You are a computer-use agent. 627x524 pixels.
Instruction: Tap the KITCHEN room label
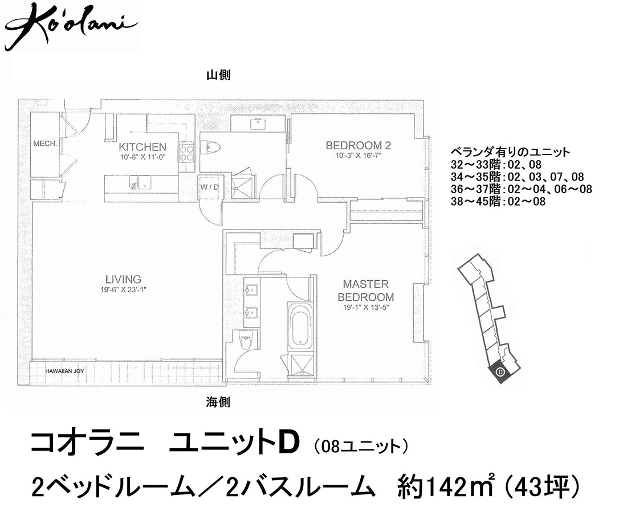point(142,147)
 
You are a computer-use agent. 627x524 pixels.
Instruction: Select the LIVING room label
point(123,279)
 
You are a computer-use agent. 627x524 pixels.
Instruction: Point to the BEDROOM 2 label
point(359,145)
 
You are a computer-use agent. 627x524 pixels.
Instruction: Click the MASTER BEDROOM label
point(366,290)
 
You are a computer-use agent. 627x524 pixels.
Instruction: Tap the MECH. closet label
point(45,144)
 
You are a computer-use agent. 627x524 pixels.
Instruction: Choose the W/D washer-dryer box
point(210,186)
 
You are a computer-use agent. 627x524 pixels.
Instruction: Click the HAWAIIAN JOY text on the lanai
point(64,371)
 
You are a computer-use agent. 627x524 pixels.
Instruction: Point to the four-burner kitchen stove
point(186,153)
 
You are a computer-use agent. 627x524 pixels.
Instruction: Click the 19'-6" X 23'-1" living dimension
point(124,290)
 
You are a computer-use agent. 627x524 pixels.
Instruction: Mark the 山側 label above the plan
point(218,75)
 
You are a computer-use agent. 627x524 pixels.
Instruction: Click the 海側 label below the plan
point(218,402)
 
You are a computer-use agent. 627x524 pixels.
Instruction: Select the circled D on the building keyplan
point(499,372)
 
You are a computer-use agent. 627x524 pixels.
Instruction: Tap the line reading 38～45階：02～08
point(498,202)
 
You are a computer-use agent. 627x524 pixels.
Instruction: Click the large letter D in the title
point(289,443)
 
